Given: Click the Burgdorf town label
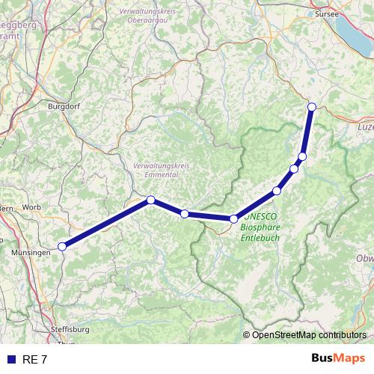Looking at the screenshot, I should coord(63,106).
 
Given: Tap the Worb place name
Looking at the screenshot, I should coord(31,206).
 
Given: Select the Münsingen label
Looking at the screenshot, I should coord(31,253).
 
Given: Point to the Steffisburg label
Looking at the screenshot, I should coord(70,329).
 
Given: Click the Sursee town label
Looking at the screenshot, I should coord(327,13).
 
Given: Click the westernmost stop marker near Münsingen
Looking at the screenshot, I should coord(63,246).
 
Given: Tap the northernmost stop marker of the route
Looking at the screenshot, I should coord(312,106).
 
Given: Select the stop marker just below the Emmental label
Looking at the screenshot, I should coord(151,200).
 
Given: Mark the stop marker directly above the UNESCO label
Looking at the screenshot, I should coord(234,218).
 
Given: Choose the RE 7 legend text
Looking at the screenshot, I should coord(35,360).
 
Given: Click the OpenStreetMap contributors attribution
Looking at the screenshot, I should coord(309,334).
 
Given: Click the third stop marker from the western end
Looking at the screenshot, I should coord(185,214).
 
